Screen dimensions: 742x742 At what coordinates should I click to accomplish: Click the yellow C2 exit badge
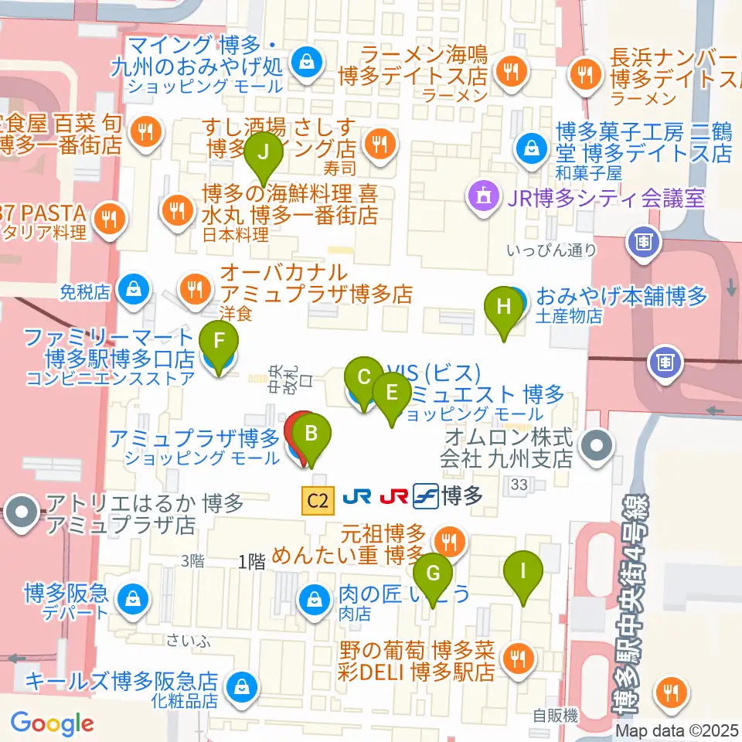(317, 501)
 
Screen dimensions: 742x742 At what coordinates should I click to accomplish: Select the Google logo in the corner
(53, 723)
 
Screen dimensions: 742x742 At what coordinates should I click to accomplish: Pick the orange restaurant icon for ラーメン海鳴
(511, 72)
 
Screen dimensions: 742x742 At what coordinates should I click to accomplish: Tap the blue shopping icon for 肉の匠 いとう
(315, 597)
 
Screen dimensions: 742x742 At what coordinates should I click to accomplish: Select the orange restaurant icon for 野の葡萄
(515, 657)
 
